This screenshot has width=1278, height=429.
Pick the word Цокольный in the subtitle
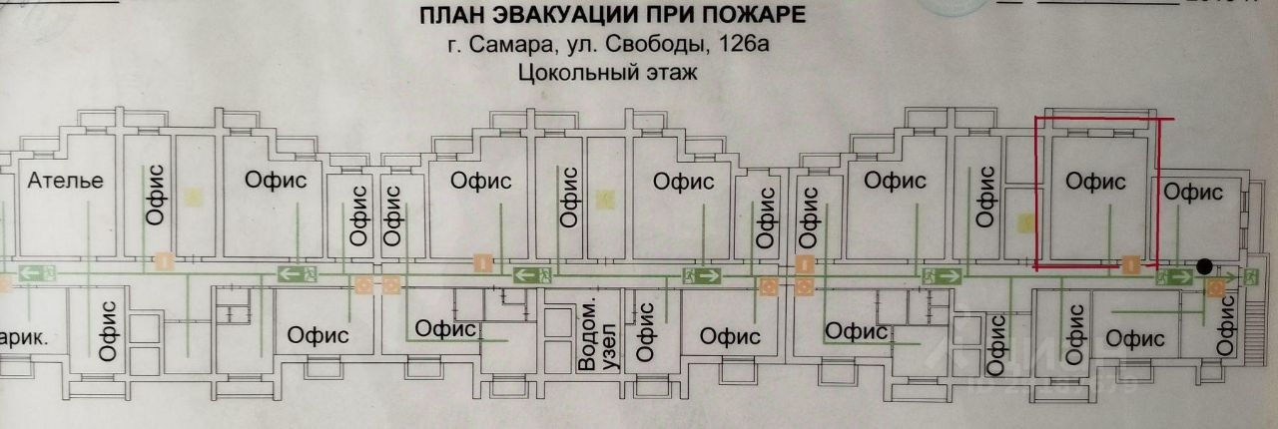pos(567,72)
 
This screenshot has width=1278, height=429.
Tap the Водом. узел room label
pos(586,335)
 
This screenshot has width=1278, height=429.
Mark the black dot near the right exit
pos(1205,266)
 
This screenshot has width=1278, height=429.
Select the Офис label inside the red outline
pos(1095,182)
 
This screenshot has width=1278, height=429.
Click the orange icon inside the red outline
pos(1130,263)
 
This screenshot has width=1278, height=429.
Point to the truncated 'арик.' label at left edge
pos(24,337)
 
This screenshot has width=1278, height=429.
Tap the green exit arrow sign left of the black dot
pos(1175,275)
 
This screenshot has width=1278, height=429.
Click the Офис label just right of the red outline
pos(1193,192)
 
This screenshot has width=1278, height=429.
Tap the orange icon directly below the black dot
pos(1215,289)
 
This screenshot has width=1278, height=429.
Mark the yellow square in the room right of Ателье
pos(194,198)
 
